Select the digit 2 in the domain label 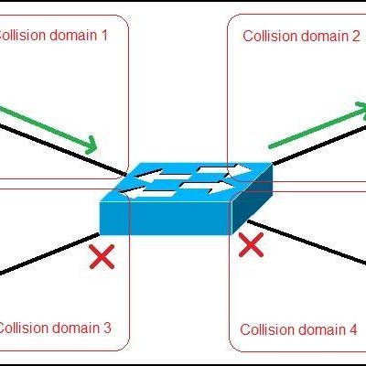[355, 37]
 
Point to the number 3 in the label [106, 328]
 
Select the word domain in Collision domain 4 [320, 329]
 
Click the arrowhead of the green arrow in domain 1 [91, 145]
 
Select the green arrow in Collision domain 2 [318, 125]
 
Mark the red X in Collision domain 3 [102, 257]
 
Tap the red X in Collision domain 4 [251, 245]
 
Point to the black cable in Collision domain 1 [62, 150]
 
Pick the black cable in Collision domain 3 [49, 254]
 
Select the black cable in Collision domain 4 [307, 242]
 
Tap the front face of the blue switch [166, 218]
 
